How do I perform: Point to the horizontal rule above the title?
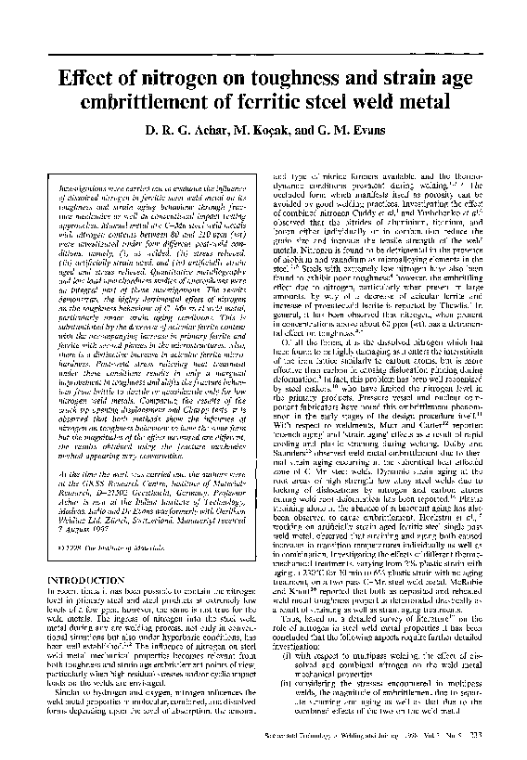pos(263,53)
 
